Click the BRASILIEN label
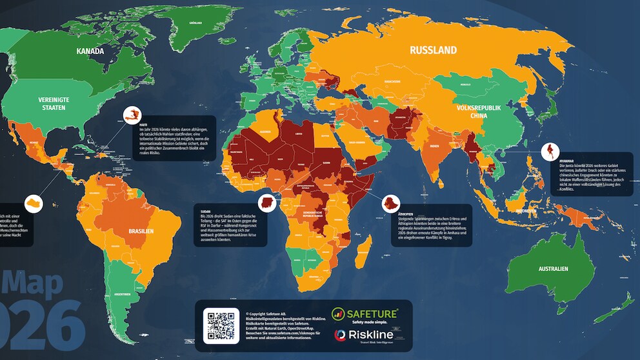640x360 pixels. pos(141,231)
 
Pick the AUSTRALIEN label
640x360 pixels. pos(554,268)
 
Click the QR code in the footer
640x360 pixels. pos(221,326)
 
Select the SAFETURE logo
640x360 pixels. pos(365,314)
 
